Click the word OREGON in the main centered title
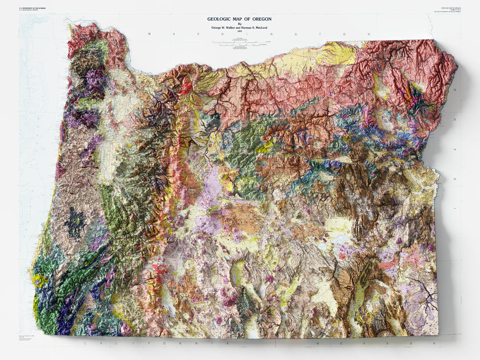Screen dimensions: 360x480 (259, 19)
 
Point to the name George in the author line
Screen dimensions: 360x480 (218, 28)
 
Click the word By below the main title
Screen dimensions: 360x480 (240, 24)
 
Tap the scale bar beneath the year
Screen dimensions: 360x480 (240, 43)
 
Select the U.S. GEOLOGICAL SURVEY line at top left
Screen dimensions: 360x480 (29, 10)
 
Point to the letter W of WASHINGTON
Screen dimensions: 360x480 (149, 34)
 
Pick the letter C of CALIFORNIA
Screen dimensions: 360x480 (84, 344)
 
